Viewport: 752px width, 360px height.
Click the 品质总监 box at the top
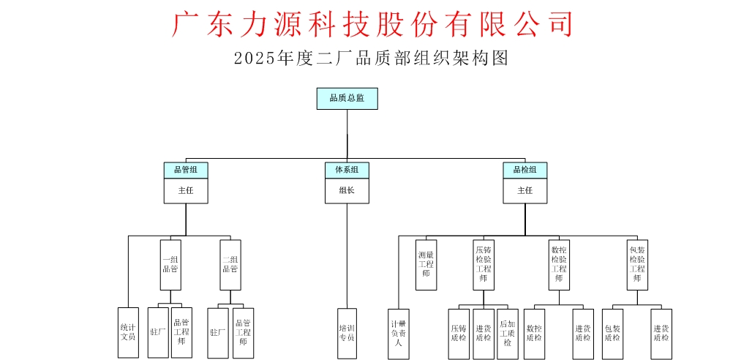point(347,99)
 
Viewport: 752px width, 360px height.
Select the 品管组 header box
point(186,170)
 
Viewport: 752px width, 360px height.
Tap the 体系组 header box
point(347,170)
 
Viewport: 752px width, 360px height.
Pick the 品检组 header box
point(524,170)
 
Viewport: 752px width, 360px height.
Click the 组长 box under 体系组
point(347,191)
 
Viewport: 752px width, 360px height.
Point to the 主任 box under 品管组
point(186,191)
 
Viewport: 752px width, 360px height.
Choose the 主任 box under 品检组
point(524,191)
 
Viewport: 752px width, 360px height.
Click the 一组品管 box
point(170,264)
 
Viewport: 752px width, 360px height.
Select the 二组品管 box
point(230,264)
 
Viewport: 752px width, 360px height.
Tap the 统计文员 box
point(128,333)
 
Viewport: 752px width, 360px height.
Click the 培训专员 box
point(347,333)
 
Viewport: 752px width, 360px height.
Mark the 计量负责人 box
point(398,334)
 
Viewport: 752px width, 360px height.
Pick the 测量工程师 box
point(426,264)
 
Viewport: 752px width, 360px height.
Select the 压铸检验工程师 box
point(483,264)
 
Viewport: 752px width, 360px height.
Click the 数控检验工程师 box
point(559,264)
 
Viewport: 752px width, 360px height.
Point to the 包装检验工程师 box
point(637,264)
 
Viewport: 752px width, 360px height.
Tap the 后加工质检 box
point(507,334)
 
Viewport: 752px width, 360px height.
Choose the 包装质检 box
point(612,334)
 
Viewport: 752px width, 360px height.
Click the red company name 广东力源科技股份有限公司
point(372,23)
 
